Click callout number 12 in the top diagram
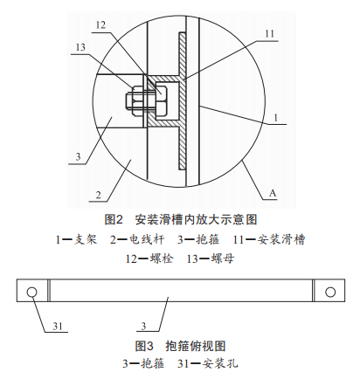click(x=100, y=25)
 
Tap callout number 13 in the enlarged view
click(x=80, y=47)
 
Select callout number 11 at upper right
click(x=269, y=34)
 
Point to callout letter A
click(x=273, y=193)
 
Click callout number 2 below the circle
click(x=98, y=195)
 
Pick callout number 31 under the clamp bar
click(x=58, y=326)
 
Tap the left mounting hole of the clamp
click(x=31, y=292)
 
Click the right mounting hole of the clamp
click(x=330, y=292)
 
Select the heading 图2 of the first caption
click(x=114, y=219)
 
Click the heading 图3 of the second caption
click(x=144, y=346)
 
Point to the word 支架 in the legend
click(x=85, y=239)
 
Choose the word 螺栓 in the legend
click(x=162, y=258)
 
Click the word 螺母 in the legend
click(x=223, y=258)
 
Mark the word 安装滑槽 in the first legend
click(x=281, y=239)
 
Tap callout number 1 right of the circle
click(x=275, y=118)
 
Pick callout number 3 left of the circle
click(x=78, y=157)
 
